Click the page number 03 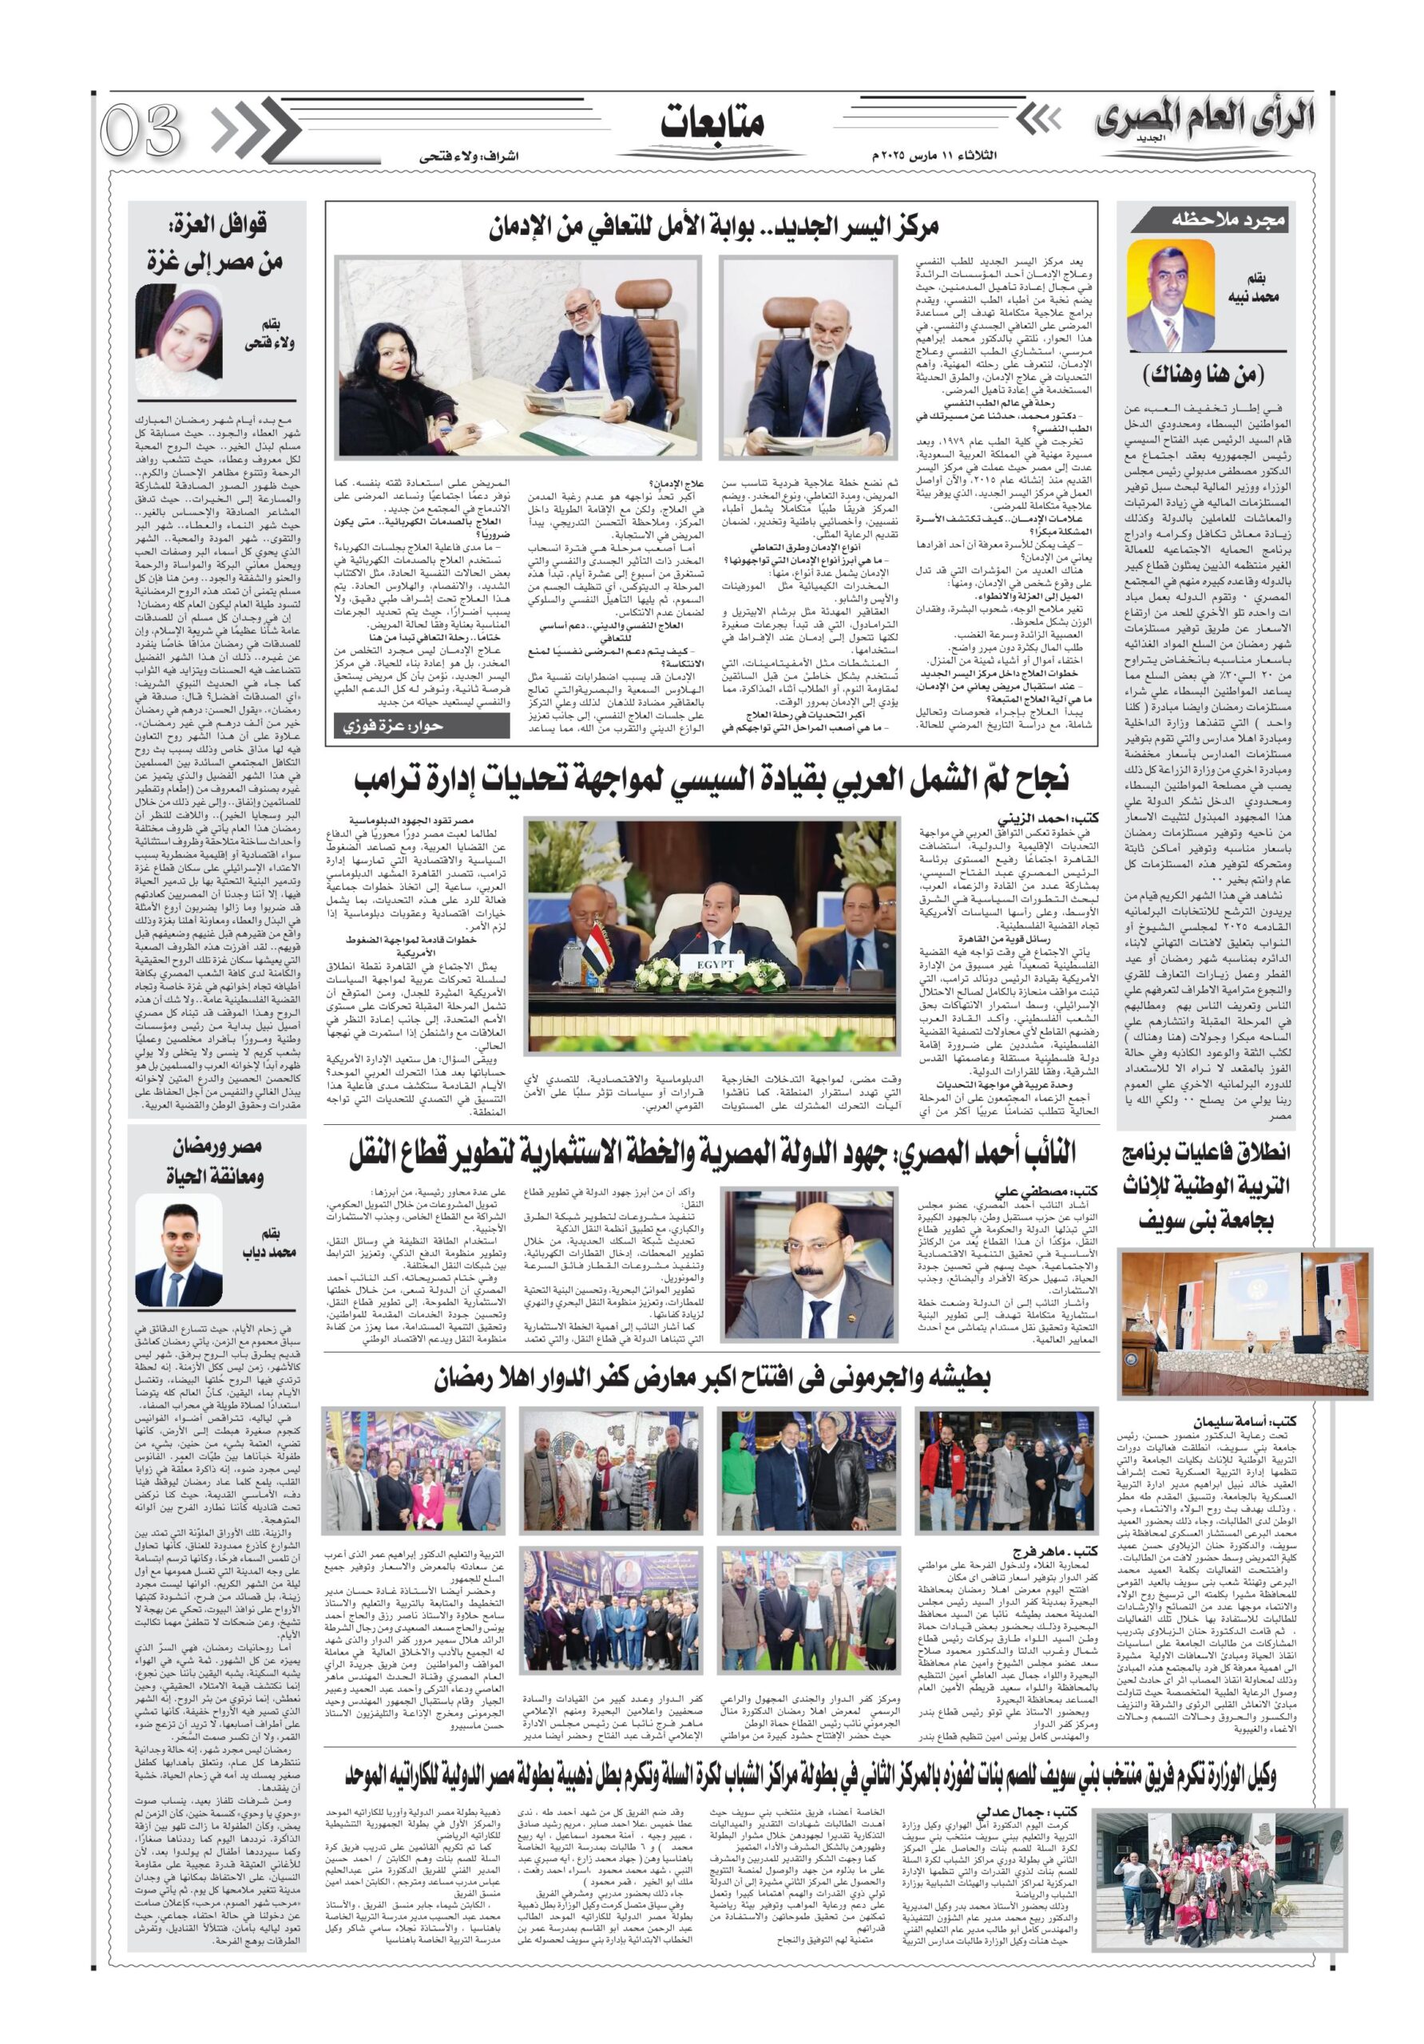[141, 130]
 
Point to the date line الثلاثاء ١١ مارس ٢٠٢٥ [934, 156]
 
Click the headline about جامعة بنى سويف [1205, 1186]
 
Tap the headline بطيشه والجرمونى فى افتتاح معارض [712, 1379]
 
